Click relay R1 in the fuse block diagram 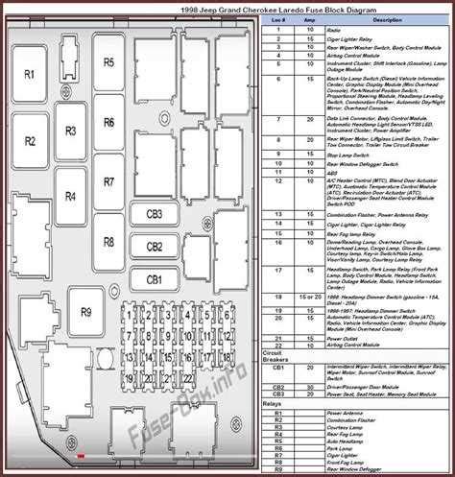click(30, 74)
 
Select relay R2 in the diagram click(30, 141)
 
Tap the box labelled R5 click(108, 62)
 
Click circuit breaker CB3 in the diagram click(154, 214)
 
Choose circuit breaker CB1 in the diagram click(154, 279)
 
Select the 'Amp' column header click(309, 19)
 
